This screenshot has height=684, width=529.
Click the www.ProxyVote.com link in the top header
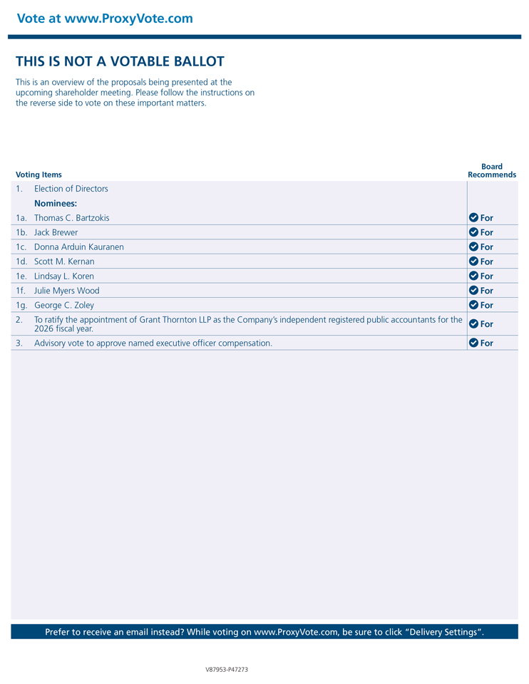click(128, 19)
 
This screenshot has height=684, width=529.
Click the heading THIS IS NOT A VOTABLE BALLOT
click(120, 62)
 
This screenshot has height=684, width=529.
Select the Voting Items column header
click(38, 175)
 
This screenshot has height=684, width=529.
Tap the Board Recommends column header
click(492, 170)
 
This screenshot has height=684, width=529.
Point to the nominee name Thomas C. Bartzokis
click(72, 218)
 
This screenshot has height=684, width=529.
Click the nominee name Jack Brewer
click(56, 232)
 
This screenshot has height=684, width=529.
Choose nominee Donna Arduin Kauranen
click(79, 247)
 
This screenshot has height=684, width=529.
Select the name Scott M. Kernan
click(64, 261)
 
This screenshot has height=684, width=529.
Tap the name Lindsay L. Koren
click(64, 276)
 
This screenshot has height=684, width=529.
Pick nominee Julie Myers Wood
click(67, 291)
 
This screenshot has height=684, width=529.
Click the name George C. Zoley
click(64, 306)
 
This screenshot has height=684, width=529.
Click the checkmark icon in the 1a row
click(473, 217)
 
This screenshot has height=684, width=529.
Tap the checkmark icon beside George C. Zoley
click(473, 305)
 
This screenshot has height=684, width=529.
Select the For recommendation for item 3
click(486, 343)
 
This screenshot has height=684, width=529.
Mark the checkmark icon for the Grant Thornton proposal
click(473, 323)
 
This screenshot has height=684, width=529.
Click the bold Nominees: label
click(56, 204)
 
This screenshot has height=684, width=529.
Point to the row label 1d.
click(21, 261)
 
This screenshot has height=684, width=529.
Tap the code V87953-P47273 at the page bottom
click(227, 670)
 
